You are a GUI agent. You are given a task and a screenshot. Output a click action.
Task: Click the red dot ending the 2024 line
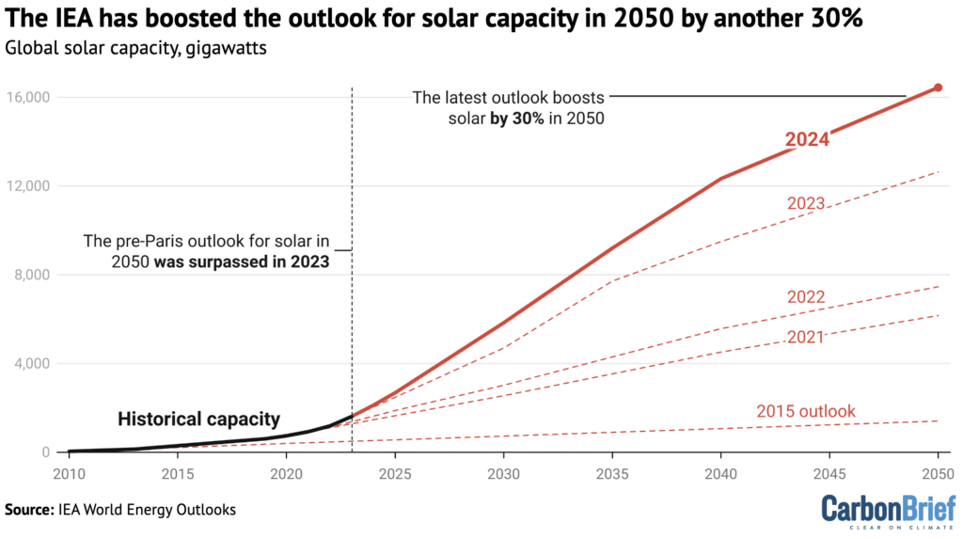coord(938,87)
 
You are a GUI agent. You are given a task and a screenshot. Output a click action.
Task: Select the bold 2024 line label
coord(807,140)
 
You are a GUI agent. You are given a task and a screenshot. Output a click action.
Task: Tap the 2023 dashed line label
coord(806,202)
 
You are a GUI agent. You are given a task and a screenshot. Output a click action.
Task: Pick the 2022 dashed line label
coord(806,297)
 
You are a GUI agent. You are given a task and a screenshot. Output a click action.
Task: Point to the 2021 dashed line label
coord(806,336)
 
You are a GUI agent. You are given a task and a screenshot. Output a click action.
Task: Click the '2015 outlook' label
coord(806,411)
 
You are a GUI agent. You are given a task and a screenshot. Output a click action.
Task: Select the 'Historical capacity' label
coord(198,419)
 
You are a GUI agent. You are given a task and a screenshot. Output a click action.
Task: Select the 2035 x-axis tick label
coord(612,471)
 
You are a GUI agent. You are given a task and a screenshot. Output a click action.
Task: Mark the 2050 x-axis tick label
coord(937,471)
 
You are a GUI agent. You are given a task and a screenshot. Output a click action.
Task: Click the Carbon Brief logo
coord(887,511)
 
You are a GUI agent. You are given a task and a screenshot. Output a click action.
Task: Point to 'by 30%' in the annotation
coord(515,119)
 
